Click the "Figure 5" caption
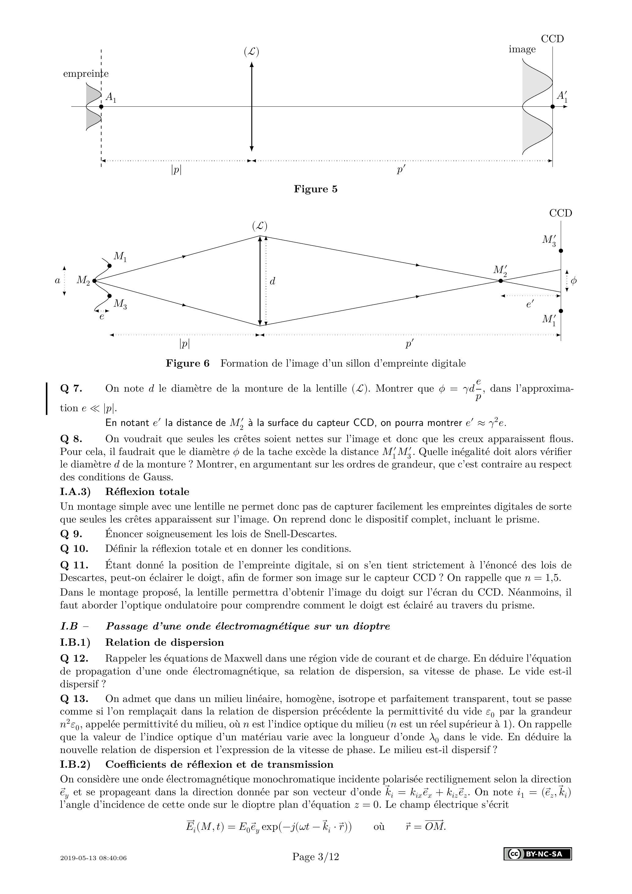(x=316, y=189)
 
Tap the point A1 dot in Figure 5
(x=101, y=106)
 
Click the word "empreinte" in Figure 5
(x=86, y=74)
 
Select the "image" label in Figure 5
(x=522, y=50)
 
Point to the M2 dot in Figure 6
(x=94, y=280)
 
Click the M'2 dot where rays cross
(x=501, y=280)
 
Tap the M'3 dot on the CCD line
(x=561, y=251)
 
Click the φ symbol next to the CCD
(x=573, y=281)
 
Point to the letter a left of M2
(x=57, y=280)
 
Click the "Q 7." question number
(x=71, y=389)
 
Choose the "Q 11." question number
(x=74, y=565)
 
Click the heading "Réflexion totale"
(x=147, y=492)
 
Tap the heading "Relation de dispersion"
(x=164, y=642)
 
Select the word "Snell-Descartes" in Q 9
(x=299, y=534)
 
